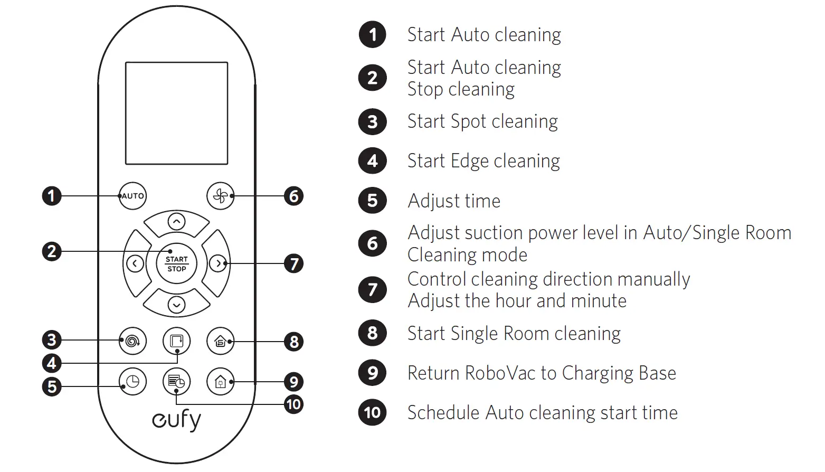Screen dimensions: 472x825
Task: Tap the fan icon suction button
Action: [220, 196]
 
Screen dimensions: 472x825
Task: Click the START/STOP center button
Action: [176, 263]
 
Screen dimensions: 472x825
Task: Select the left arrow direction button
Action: [135, 263]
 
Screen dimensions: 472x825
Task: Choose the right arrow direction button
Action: [217, 263]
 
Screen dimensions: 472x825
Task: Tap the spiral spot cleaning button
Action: [132, 341]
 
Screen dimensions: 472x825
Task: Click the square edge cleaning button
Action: [176, 341]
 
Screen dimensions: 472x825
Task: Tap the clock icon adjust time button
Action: [132, 381]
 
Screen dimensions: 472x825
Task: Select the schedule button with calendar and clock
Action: [176, 381]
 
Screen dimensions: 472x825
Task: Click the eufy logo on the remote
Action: [176, 420]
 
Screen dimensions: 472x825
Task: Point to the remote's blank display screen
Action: [176, 113]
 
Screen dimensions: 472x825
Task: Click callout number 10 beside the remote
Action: [293, 405]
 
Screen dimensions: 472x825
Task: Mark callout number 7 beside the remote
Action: [293, 263]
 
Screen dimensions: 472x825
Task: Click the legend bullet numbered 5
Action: [373, 201]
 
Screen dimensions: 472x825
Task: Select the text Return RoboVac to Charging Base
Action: [542, 373]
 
